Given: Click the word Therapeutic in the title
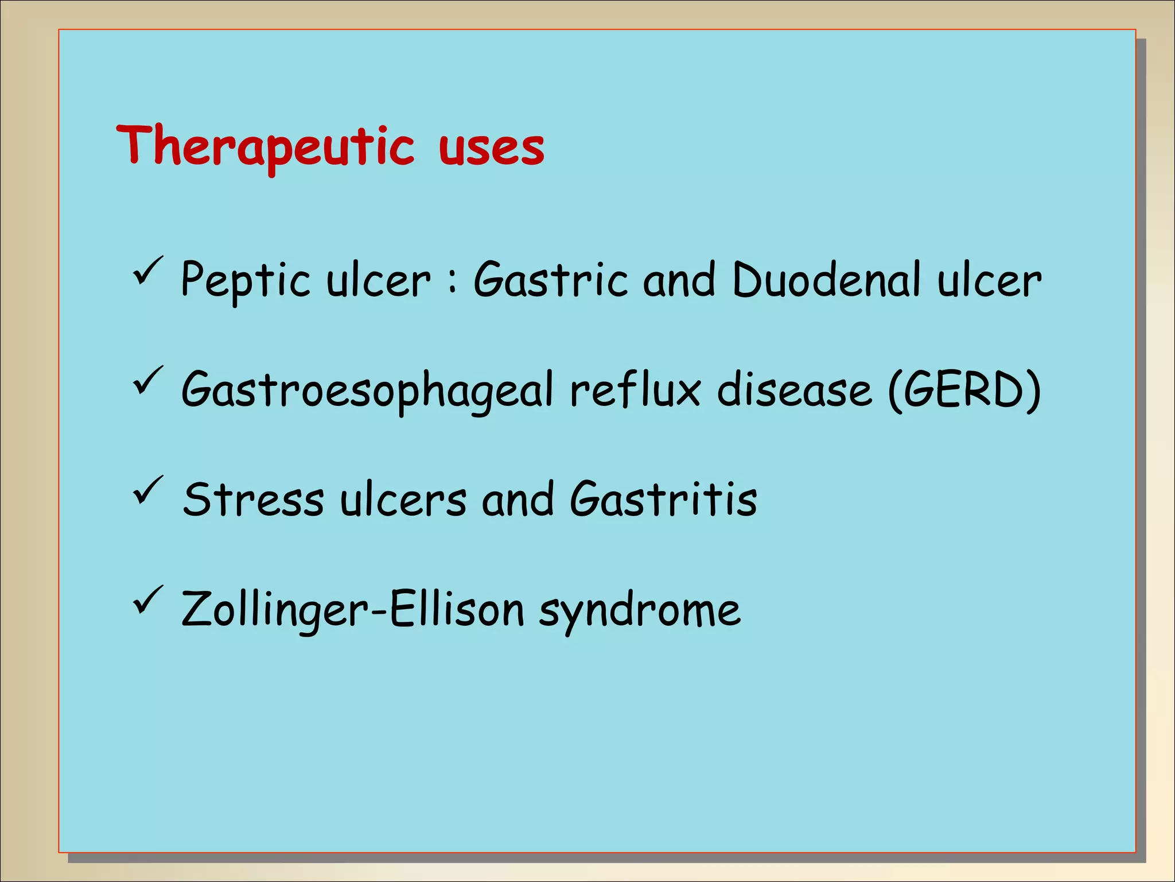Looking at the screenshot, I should coord(265,147).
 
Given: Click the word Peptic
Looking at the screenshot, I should coord(246,280).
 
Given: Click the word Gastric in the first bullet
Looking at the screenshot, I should coord(550,279).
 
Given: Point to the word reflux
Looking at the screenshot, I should coord(635,389).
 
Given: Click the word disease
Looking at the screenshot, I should coord(795,389).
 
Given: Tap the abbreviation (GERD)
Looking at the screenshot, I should coord(964,389).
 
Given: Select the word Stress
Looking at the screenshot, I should coord(253,499).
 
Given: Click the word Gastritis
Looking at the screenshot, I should coord(663,498).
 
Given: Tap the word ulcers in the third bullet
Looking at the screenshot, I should coord(403,499).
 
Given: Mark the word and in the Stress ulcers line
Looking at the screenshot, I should coord(518,499).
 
